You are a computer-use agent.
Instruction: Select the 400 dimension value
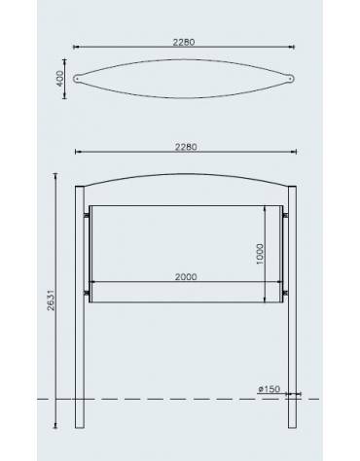coord(61,77)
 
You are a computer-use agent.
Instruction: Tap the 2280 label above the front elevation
coord(186,147)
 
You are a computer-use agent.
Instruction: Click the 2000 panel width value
coord(186,276)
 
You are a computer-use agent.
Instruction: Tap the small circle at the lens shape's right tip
coord(292,77)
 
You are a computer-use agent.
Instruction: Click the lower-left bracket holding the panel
coord(88,293)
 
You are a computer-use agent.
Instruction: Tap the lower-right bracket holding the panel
coord(285,293)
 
